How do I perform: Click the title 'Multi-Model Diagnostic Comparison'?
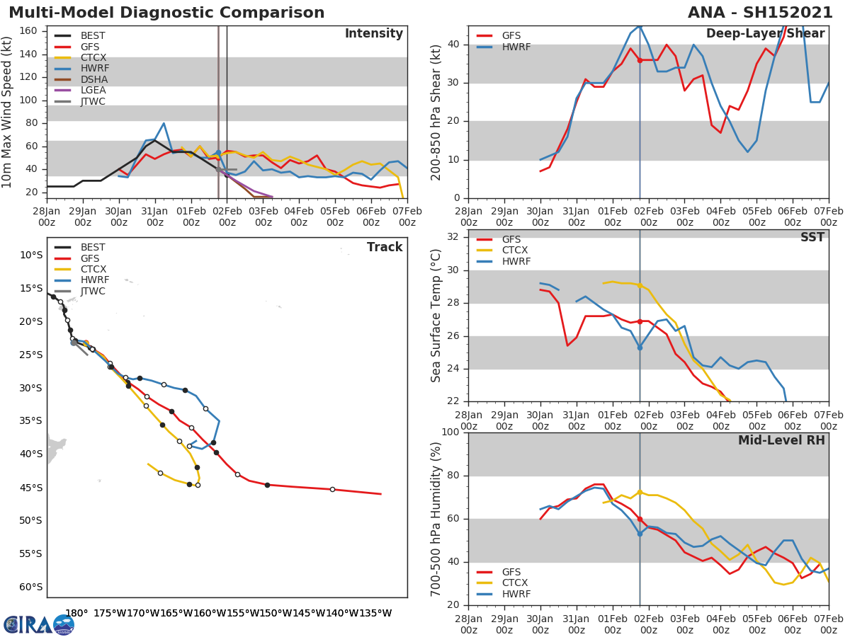pyautogui.click(x=166, y=13)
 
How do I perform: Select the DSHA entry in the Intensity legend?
pyautogui.click(x=93, y=79)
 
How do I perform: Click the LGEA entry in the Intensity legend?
pyautogui.click(x=93, y=90)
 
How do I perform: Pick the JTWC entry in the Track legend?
pyautogui.click(x=93, y=291)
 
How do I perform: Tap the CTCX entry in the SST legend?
pyautogui.click(x=514, y=251)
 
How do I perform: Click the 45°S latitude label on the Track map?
pyautogui.click(x=31, y=488)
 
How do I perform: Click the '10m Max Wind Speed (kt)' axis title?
pyautogui.click(x=8, y=113)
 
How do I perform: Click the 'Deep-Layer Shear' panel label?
pyautogui.click(x=765, y=34)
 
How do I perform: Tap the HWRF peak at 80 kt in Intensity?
pyautogui.click(x=164, y=123)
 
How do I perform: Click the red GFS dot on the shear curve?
pyautogui.click(x=640, y=60)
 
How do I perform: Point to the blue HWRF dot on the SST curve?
pyautogui.click(x=640, y=348)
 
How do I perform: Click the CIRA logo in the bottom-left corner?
pyautogui.click(x=39, y=624)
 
